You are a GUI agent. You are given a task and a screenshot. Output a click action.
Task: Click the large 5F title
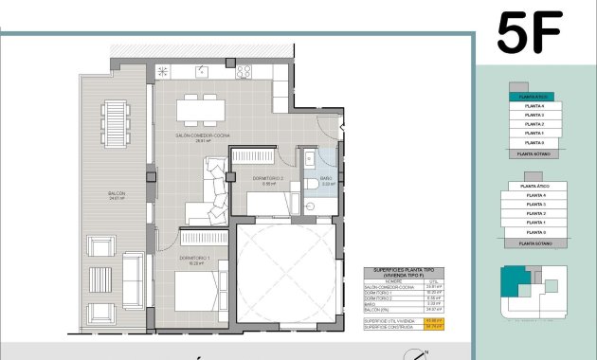(x=529, y=32)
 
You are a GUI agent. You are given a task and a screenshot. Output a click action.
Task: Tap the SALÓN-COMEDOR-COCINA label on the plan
(x=202, y=135)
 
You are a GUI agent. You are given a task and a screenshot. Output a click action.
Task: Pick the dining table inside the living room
(x=201, y=111)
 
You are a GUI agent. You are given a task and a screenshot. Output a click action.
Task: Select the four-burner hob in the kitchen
(x=244, y=71)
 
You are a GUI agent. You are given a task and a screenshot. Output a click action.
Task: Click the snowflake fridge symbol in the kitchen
(x=163, y=71)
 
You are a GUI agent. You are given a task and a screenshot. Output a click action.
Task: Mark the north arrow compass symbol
(x=414, y=354)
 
